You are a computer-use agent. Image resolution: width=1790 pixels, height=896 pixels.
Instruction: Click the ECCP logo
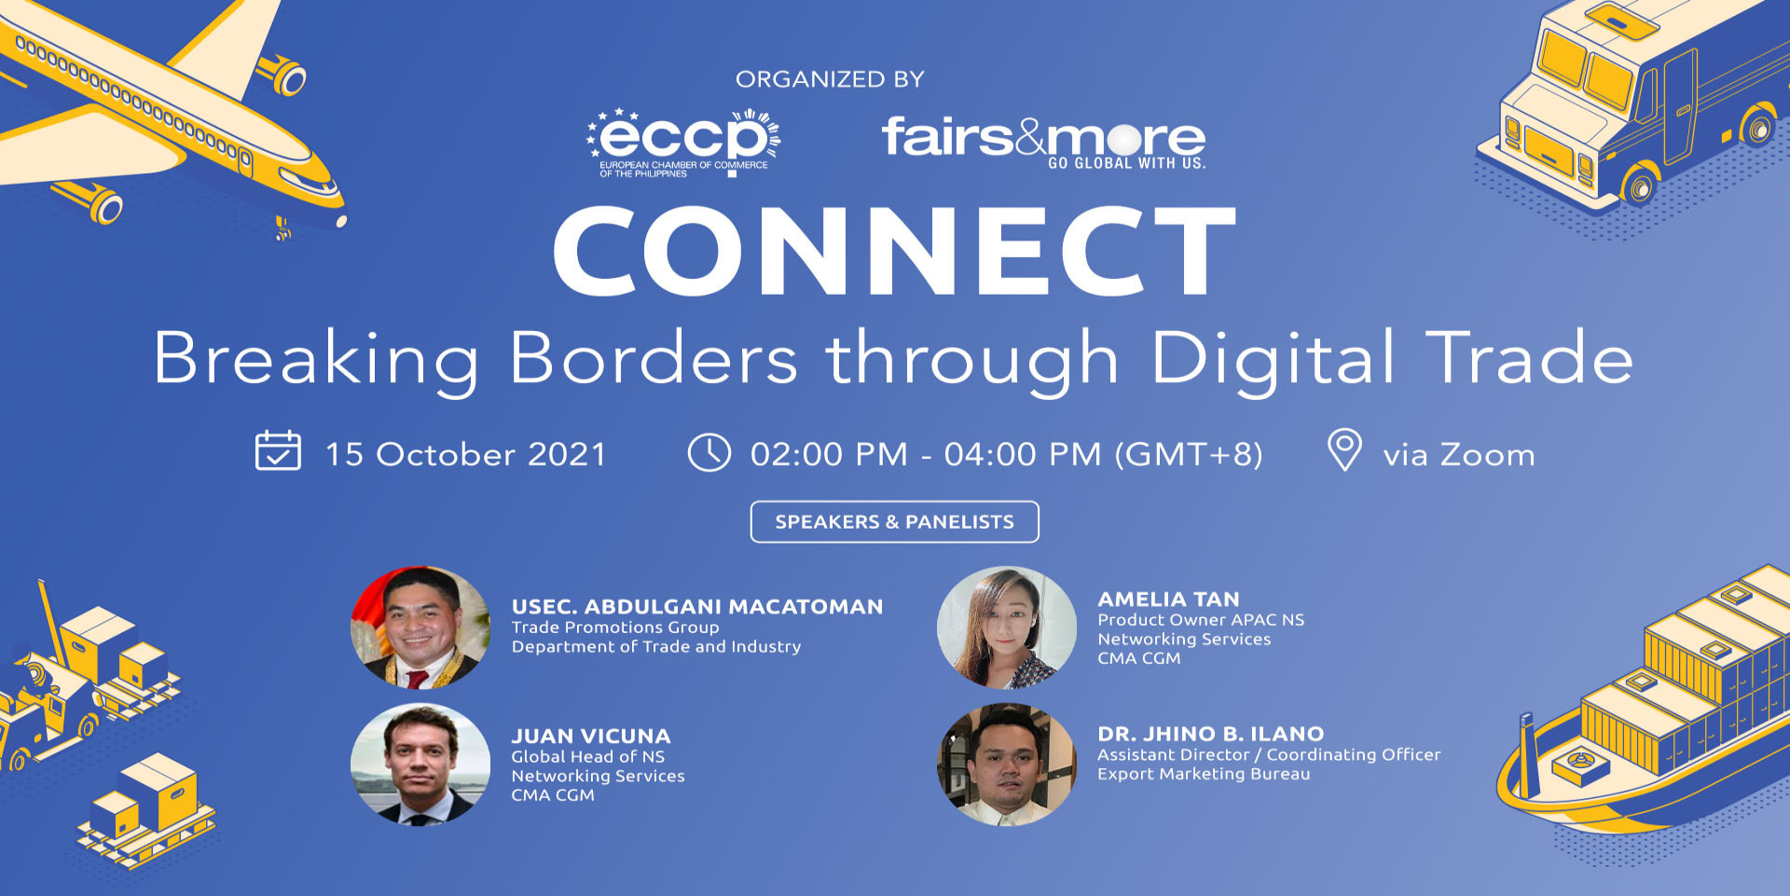[683, 143]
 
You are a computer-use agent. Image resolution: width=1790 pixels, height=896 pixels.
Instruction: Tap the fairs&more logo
[1044, 142]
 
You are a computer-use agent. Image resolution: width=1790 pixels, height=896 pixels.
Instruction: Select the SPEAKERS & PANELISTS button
[895, 522]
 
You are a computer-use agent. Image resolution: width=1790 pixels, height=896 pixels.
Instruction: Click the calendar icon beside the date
[278, 450]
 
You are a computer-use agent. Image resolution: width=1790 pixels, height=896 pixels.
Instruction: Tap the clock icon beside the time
[709, 452]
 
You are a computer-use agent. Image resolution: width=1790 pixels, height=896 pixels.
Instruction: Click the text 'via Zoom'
[1459, 455]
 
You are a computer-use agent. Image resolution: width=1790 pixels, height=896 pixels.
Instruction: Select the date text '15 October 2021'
[466, 455]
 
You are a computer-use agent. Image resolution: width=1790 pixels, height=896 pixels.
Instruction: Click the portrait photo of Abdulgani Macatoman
[420, 627]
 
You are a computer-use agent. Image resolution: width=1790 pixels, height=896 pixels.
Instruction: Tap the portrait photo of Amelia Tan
[1007, 627]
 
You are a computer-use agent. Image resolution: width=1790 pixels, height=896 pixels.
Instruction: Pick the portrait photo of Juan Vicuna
[420, 765]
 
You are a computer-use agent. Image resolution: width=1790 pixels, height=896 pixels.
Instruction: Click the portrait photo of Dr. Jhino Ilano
[1007, 765]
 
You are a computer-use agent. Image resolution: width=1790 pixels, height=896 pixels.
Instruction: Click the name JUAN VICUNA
[591, 737]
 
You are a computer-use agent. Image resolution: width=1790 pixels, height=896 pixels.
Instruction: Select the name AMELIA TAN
[1169, 600]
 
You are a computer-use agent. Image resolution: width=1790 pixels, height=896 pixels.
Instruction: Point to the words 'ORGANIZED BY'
[830, 79]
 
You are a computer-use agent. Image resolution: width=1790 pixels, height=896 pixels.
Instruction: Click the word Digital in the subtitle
[1274, 360]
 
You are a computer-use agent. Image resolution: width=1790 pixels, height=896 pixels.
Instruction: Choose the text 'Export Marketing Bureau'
[1204, 774]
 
